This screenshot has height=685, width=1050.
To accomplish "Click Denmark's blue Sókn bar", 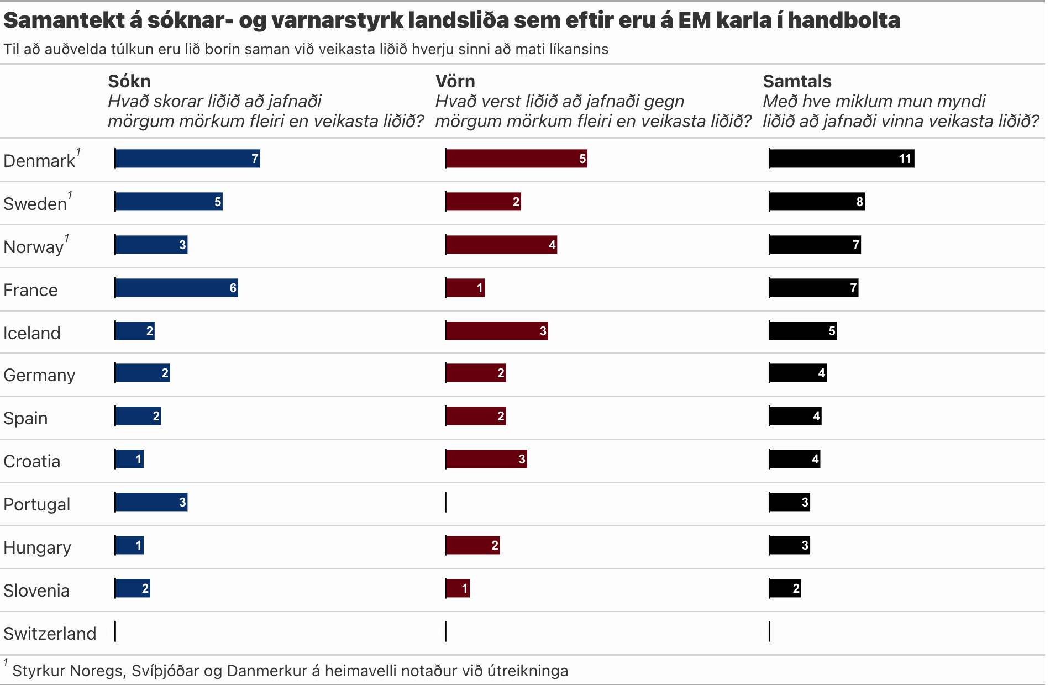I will pyautogui.click(x=187, y=159).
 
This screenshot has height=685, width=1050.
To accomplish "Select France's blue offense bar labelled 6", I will pyautogui.click(x=176, y=288).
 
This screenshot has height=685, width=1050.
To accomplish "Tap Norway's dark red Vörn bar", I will pyautogui.click(x=501, y=245).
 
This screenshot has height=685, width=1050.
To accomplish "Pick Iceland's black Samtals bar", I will pyautogui.click(x=802, y=331).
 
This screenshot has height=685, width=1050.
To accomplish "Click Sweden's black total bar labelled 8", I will pyautogui.click(x=816, y=202).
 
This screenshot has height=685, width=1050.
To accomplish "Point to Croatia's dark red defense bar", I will pyautogui.click(x=486, y=459).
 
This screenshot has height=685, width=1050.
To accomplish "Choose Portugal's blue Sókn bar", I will pyautogui.click(x=151, y=502).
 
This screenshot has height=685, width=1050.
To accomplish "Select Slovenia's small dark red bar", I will pyautogui.click(x=457, y=588).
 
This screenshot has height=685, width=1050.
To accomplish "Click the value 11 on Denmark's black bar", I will pyautogui.click(x=904, y=159).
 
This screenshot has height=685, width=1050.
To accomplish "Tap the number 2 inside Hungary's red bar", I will pyautogui.click(x=495, y=546).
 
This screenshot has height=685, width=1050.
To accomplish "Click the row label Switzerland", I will pyautogui.click(x=50, y=634).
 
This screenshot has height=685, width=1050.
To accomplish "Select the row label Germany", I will pyautogui.click(x=39, y=375).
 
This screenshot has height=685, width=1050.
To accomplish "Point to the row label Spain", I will pyautogui.click(x=25, y=418).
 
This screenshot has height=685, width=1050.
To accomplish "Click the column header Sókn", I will pyautogui.click(x=129, y=81).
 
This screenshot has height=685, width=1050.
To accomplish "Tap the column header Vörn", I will pyautogui.click(x=455, y=81).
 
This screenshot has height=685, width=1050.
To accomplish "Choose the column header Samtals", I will pyautogui.click(x=797, y=81).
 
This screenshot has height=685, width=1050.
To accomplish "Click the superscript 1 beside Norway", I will pyautogui.click(x=67, y=238).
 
